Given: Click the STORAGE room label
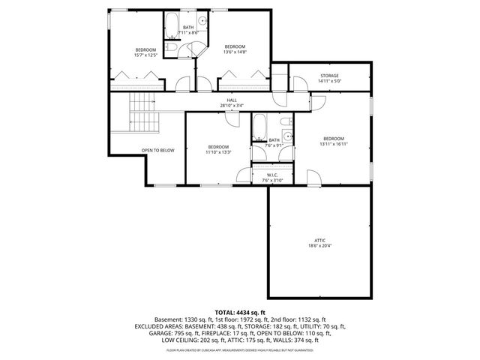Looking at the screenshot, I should pos(330,76).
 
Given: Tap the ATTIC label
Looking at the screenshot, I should pos(319,241).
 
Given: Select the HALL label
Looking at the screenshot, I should pos(232,100).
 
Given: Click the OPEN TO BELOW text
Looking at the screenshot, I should pos(157,150).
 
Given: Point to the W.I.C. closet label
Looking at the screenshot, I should pos(272,175).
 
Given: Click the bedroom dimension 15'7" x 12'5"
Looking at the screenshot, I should pos(145,54).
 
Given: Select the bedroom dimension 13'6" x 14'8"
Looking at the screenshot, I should pos(235,52).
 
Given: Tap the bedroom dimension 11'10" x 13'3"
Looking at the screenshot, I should pos(218,151).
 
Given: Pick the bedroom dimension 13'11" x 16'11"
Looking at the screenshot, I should pos(334,144).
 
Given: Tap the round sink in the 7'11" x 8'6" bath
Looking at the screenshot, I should pos(201,21).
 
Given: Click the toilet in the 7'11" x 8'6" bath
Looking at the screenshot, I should pos(172,49).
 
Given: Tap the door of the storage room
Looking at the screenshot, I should pos(281,84).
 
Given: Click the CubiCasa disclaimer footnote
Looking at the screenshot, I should pos(240,349).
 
